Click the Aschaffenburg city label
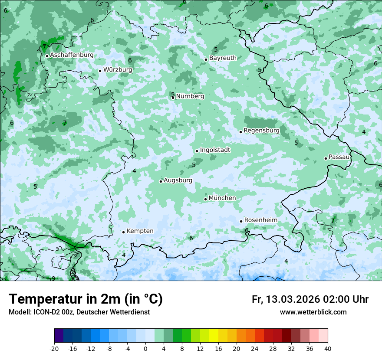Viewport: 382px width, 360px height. coord(72,55)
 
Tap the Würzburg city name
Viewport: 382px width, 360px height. coord(118,69)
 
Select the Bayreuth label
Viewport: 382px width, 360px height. coord(223,58)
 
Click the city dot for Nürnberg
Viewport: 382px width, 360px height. coord(173,98)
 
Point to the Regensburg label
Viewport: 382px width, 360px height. coord(261,130)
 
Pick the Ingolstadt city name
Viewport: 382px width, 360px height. coord(215,150)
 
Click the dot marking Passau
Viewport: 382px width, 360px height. coord(326,158)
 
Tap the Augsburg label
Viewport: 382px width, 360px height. coord(178,180)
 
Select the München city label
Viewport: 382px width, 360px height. coord(222,198)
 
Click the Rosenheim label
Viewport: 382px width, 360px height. coord(260,220)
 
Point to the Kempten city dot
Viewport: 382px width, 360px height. coord(123,232)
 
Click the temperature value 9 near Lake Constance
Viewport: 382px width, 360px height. coord(53,278)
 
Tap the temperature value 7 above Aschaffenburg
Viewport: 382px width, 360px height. coord(44,46)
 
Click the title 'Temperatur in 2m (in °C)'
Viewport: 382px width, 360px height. coord(86,299)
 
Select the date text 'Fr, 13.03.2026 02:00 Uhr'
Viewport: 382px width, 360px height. coord(310,299)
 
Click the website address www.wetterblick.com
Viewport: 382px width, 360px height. coord(313,312)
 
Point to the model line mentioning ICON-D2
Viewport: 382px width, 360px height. coord(79,312)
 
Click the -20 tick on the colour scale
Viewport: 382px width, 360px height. coord(54,348)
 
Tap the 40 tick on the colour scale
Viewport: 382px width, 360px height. coord(327,348)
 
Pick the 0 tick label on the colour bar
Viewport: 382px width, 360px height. coord(145,348)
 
